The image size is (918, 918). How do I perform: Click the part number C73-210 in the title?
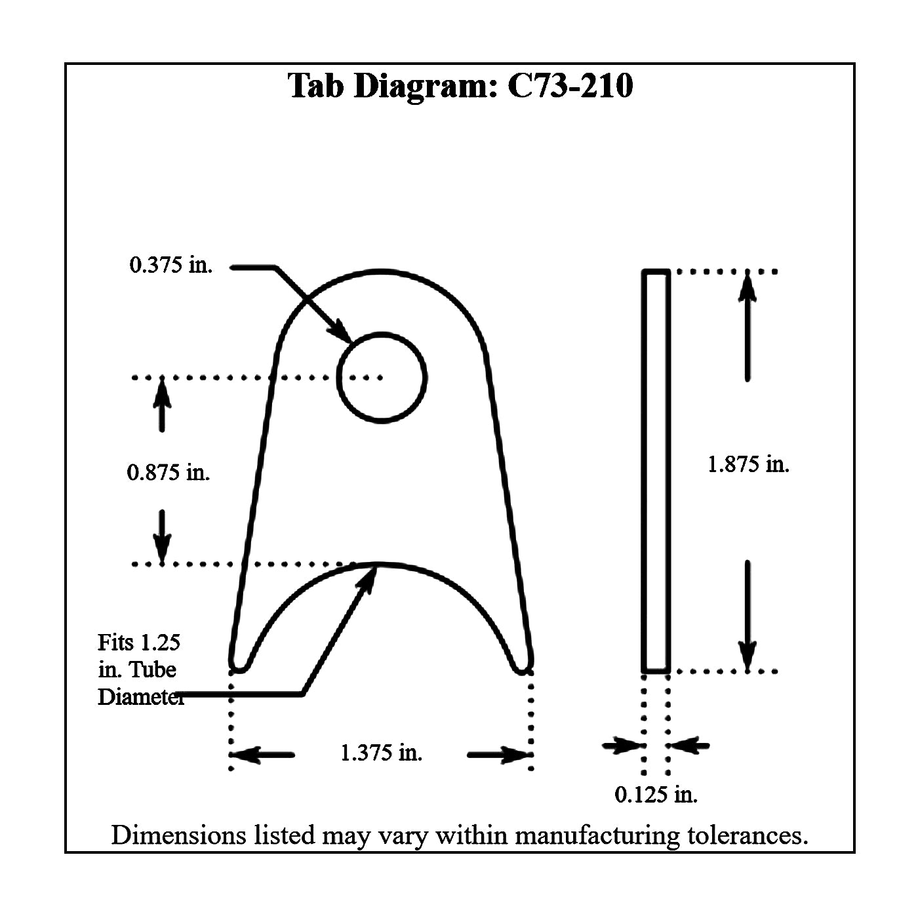[x=570, y=86]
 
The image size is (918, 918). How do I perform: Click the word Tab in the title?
[x=316, y=86]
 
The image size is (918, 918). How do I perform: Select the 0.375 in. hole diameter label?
[x=170, y=265]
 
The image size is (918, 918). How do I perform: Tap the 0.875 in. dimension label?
[x=168, y=473]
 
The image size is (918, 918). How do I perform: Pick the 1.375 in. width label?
[x=381, y=753]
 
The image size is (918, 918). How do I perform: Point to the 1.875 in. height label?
[x=748, y=464]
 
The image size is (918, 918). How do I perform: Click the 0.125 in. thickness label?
[x=656, y=794]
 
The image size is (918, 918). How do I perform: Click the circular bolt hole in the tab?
[x=382, y=333]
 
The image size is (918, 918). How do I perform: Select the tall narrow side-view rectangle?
[x=645, y=471]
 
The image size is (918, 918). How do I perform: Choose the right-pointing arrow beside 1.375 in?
[x=500, y=755]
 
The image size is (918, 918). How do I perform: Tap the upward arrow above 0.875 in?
[x=162, y=405]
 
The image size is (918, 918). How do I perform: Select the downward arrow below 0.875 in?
[x=162, y=538]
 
